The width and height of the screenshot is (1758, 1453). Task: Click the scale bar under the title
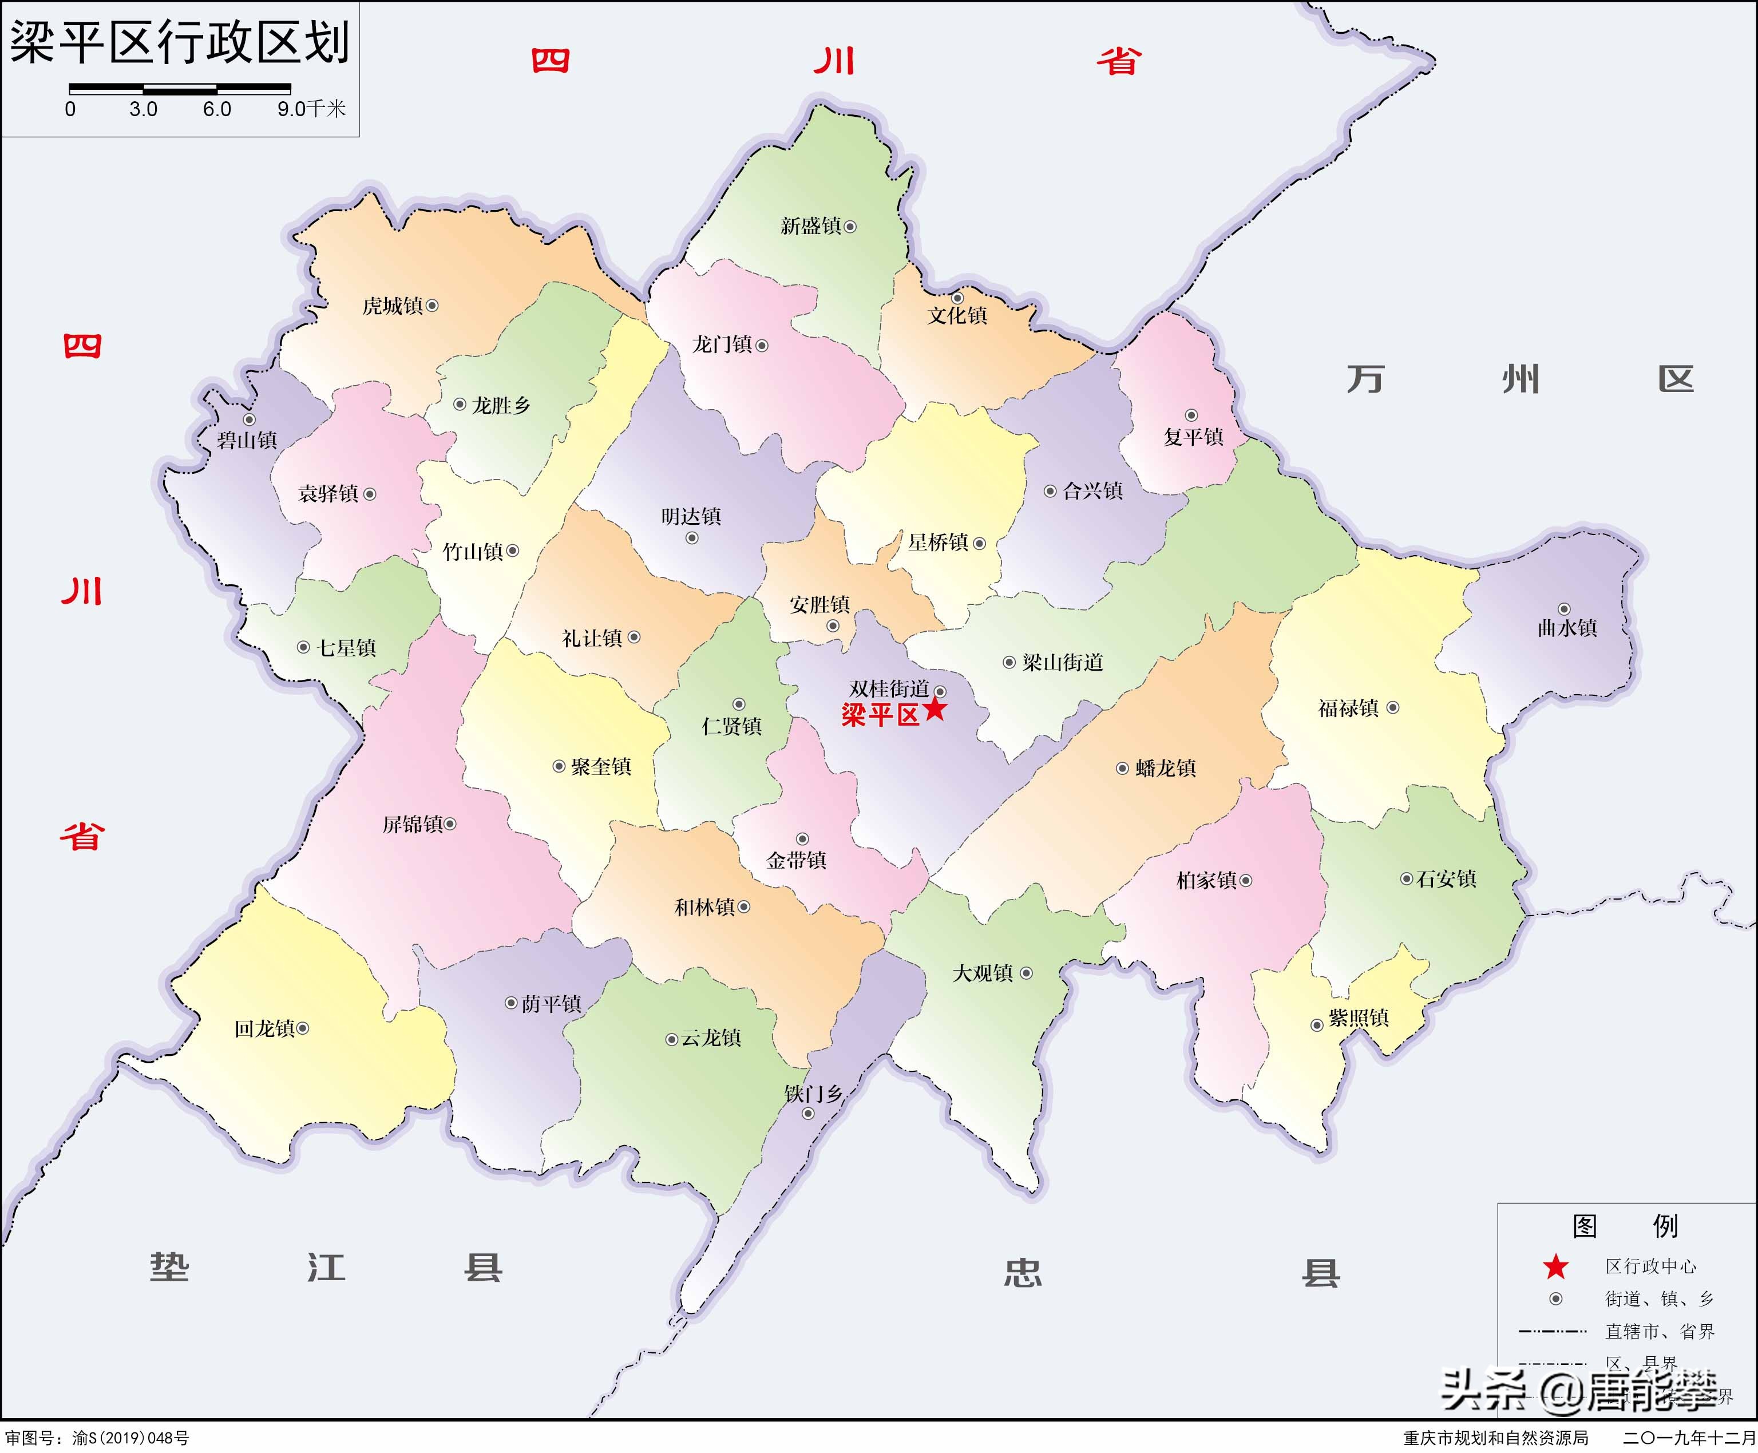[x=180, y=87]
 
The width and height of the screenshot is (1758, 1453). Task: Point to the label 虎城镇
[x=393, y=306]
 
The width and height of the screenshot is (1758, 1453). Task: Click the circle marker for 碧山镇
[x=250, y=419]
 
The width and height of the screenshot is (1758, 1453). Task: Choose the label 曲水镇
[x=1567, y=628]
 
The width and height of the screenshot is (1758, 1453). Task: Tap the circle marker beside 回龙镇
[x=303, y=1028]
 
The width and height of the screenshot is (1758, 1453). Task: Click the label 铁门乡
[x=813, y=1093]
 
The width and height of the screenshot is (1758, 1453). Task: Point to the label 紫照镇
[x=1359, y=1018]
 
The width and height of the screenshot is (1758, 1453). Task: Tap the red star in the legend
[x=1555, y=1266]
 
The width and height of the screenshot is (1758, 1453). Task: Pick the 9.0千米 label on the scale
[x=311, y=109]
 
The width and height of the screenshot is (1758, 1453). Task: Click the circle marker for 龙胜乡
[x=460, y=404]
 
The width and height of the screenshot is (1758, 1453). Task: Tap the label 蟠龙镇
[x=1166, y=769]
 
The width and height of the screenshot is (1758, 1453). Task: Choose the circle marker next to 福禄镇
[x=1393, y=707]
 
